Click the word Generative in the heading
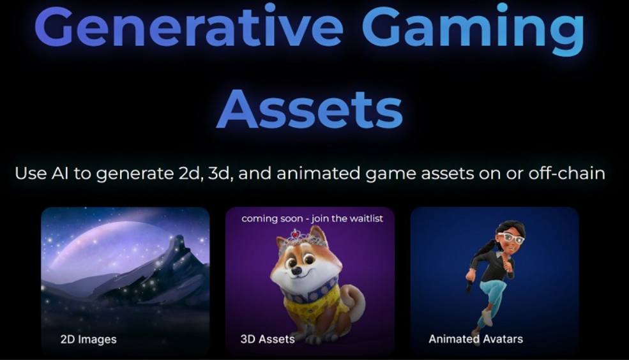tap(188, 26)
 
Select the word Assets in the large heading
tap(309, 109)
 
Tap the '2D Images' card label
tap(88, 340)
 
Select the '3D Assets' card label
tap(268, 339)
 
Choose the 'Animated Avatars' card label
tap(476, 339)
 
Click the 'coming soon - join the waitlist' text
tap(312, 218)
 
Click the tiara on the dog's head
tap(303, 238)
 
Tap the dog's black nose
tap(296, 271)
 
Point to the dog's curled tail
tap(353, 301)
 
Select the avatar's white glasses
tap(511, 237)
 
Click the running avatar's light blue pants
tap(492, 297)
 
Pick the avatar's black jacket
tap(490, 262)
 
